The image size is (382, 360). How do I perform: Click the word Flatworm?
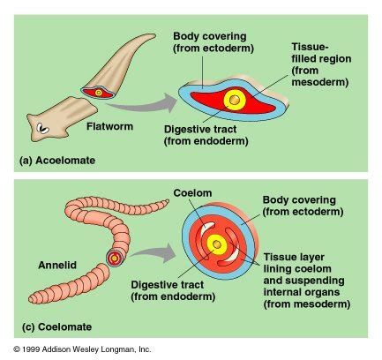click(109, 126)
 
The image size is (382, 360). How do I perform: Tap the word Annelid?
click(57, 265)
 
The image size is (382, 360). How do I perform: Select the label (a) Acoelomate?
click(57, 161)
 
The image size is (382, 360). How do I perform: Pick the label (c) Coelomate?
click(57, 326)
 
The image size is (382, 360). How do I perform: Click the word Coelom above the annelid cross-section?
click(192, 193)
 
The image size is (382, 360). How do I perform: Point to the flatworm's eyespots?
click(43, 128)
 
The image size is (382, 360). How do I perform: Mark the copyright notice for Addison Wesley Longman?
click(82, 349)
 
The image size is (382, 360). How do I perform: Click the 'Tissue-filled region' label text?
click(321, 64)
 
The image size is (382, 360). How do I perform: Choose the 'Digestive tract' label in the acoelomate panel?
click(206, 135)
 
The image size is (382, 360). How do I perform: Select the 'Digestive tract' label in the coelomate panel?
click(173, 290)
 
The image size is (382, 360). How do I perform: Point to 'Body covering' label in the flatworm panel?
click(213, 42)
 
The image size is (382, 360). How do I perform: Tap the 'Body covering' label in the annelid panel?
click(303, 206)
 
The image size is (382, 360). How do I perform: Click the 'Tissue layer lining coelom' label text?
click(307, 281)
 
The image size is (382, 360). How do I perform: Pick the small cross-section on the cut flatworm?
click(98, 93)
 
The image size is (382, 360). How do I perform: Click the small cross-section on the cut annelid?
click(114, 259)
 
